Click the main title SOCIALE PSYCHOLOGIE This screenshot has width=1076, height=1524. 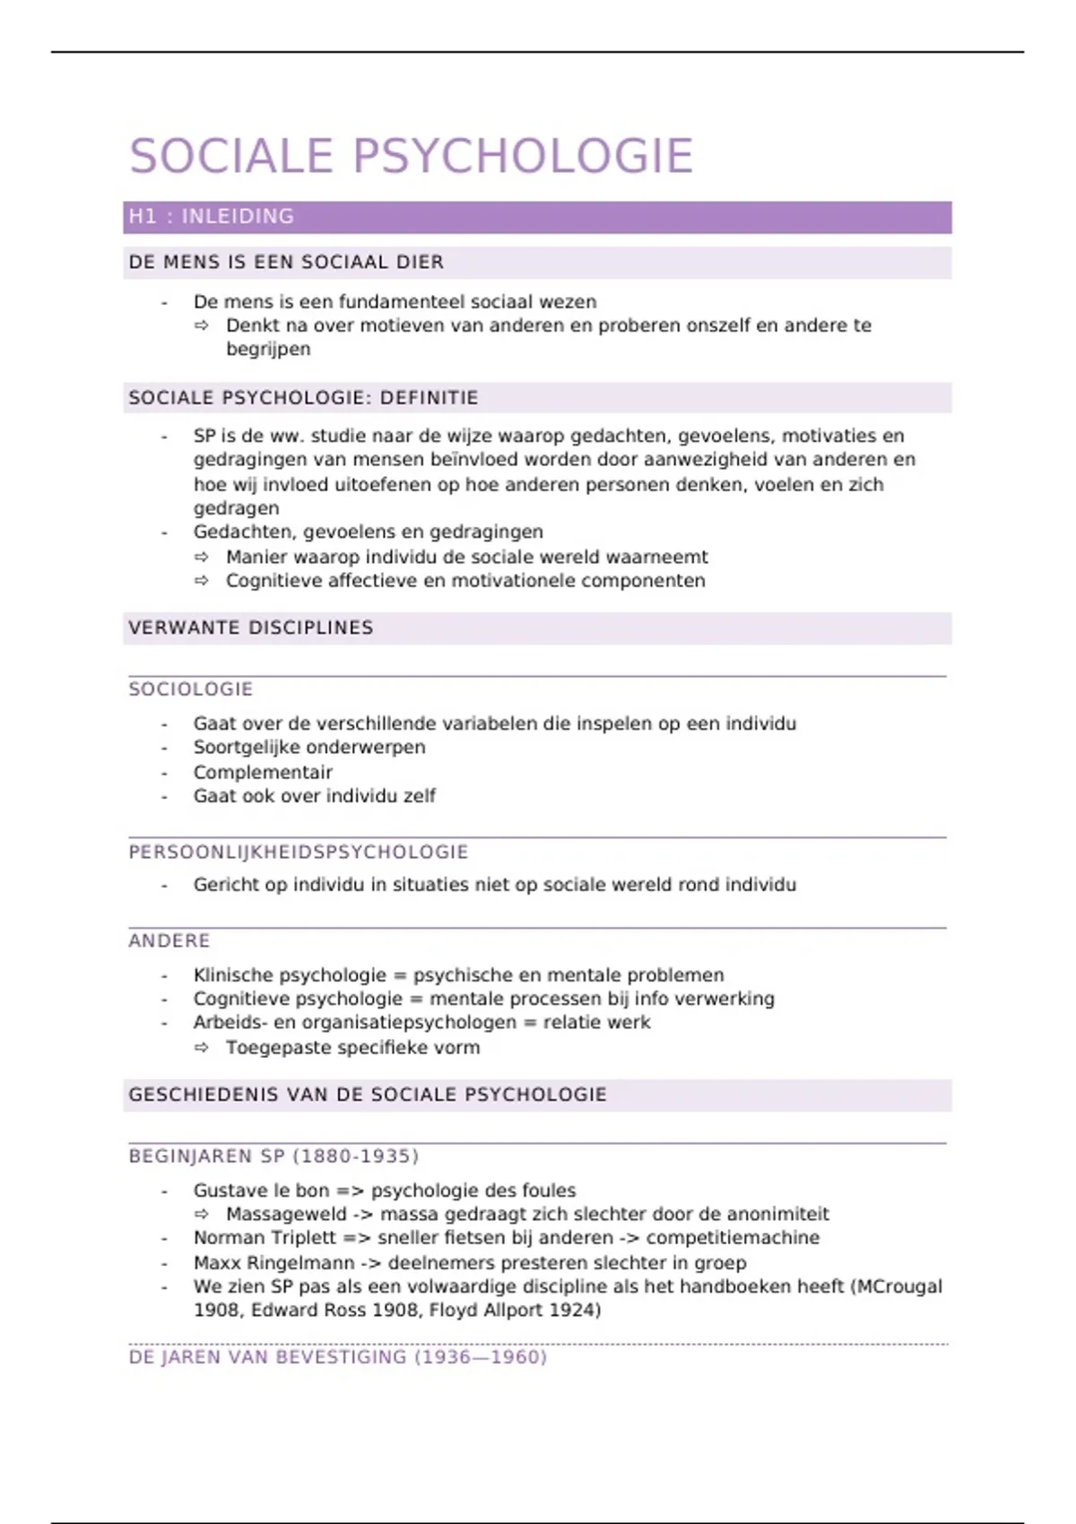click(412, 156)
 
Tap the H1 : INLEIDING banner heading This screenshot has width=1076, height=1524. click(212, 217)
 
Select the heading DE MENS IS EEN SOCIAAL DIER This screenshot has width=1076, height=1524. click(286, 263)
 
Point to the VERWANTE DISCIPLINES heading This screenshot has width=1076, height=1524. click(251, 628)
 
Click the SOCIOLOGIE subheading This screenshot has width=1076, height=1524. click(191, 689)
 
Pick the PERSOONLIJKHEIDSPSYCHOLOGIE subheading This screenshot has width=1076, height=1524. click(299, 852)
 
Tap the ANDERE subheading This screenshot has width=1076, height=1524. click(169, 940)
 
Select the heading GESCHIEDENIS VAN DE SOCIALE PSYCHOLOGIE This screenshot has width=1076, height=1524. click(368, 1095)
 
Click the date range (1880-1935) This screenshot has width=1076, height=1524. click(356, 1156)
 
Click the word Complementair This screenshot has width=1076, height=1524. click(263, 772)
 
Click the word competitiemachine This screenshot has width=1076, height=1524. click(733, 1238)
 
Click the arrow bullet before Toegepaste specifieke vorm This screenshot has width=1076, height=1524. click(202, 1048)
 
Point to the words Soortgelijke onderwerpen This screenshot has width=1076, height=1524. click(309, 748)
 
